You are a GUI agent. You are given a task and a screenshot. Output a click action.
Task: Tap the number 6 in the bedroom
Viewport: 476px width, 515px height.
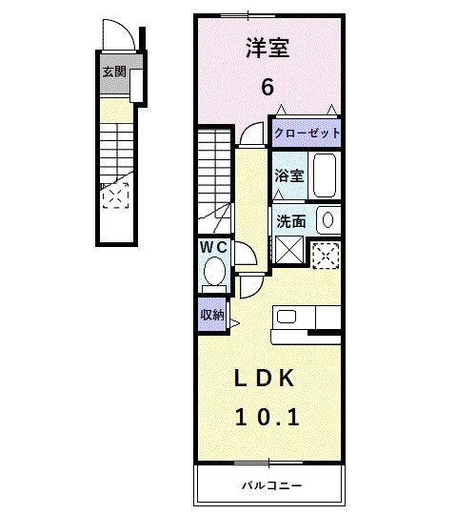[x=268, y=87]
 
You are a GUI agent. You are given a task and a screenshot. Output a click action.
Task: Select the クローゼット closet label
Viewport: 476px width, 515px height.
[x=307, y=134]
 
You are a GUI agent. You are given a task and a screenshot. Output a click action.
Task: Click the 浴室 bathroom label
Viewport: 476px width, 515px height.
[x=289, y=175]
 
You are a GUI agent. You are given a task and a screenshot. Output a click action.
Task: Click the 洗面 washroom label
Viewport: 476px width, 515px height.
[x=291, y=220]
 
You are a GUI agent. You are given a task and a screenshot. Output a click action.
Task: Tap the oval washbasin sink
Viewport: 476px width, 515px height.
[x=327, y=220]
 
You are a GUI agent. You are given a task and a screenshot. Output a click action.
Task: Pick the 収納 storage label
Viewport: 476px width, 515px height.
[x=212, y=314]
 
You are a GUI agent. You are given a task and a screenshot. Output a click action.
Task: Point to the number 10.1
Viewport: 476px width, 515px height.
[x=268, y=416]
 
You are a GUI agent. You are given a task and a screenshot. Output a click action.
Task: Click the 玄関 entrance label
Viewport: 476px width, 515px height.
[x=114, y=70]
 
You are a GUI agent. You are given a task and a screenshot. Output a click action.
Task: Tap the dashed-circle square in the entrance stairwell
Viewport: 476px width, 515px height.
[x=115, y=197]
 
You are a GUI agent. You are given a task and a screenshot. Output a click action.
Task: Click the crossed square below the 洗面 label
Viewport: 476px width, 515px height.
[x=289, y=251]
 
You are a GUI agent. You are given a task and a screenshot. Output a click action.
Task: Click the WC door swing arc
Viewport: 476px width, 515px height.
[x=244, y=253]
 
